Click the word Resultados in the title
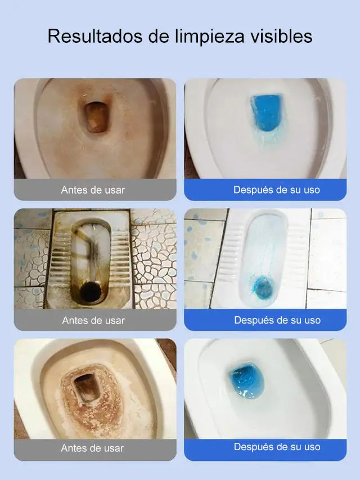(x=95, y=36)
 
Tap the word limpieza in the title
(x=210, y=37)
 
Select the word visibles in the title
(x=281, y=36)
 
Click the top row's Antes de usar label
(x=93, y=190)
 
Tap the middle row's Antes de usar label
(x=93, y=321)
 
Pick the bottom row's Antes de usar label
(x=92, y=448)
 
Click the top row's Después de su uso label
(x=277, y=190)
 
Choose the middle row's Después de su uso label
(x=277, y=320)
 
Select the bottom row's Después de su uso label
(x=277, y=447)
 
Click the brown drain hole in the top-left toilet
(x=96, y=117)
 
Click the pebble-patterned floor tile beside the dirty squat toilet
(x=154, y=257)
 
